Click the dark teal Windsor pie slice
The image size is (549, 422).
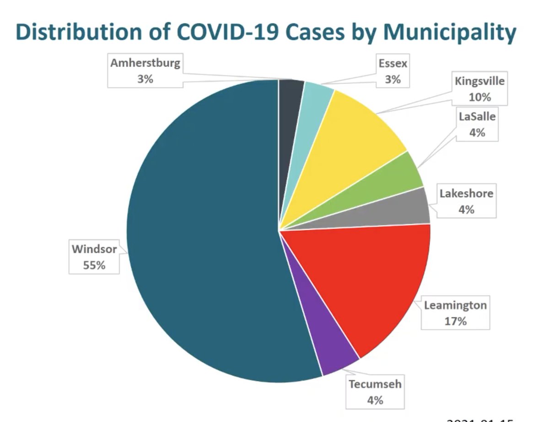[201, 238]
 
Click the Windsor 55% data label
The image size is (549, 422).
[94, 257]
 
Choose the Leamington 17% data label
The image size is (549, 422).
[455, 313]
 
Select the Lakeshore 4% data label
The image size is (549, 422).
[466, 201]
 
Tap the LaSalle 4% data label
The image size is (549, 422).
[477, 124]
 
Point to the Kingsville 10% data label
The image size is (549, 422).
[479, 89]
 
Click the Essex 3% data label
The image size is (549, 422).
[393, 71]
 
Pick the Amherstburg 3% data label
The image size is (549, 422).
[145, 71]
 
